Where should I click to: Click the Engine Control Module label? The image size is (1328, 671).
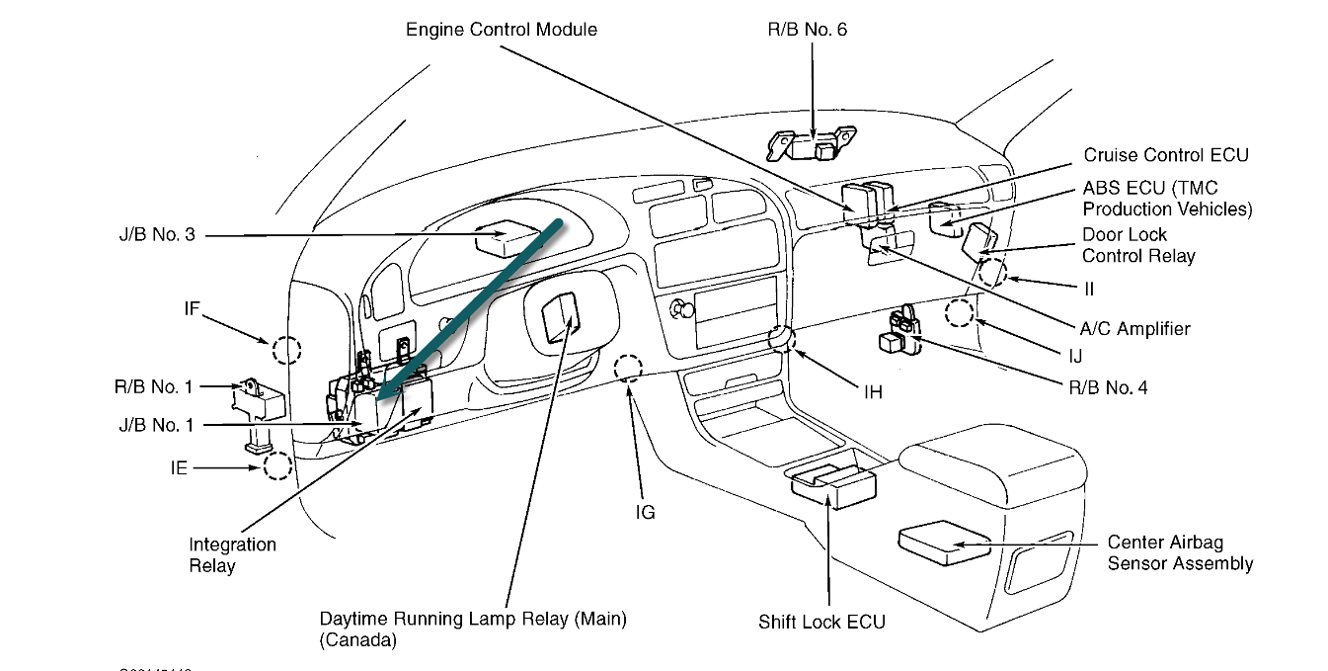[502, 30]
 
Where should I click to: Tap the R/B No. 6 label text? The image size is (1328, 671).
[807, 30]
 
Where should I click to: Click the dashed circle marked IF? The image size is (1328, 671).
[286, 350]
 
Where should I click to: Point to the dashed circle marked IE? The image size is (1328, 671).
[277, 465]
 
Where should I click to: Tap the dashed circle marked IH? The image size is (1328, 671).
[781, 339]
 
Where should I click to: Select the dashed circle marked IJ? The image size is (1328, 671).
[959, 314]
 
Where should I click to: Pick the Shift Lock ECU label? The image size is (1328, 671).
[821, 623]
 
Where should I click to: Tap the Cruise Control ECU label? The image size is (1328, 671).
[1165, 155]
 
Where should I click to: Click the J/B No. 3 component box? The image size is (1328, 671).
[505, 238]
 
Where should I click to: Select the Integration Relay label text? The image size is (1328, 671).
[232, 555]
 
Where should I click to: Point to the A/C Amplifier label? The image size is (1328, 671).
[1134, 329]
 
